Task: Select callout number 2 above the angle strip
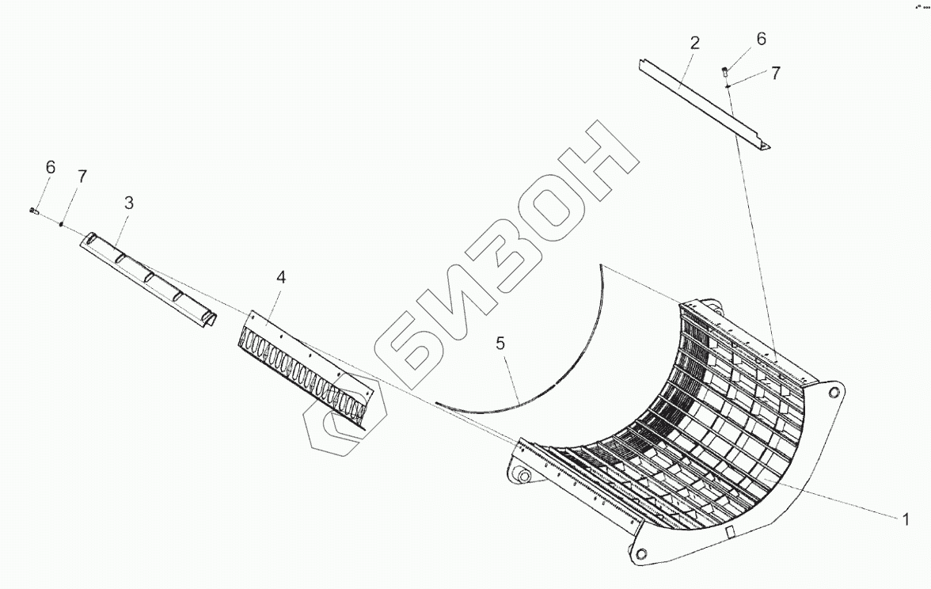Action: click(694, 44)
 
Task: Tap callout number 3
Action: click(128, 203)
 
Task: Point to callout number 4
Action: click(280, 277)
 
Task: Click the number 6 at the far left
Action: click(51, 167)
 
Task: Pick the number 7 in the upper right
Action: click(775, 73)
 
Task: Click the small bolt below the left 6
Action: click(33, 211)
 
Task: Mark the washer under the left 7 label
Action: click(61, 224)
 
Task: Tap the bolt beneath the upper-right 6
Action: click(725, 72)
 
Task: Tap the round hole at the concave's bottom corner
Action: click(640, 553)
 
